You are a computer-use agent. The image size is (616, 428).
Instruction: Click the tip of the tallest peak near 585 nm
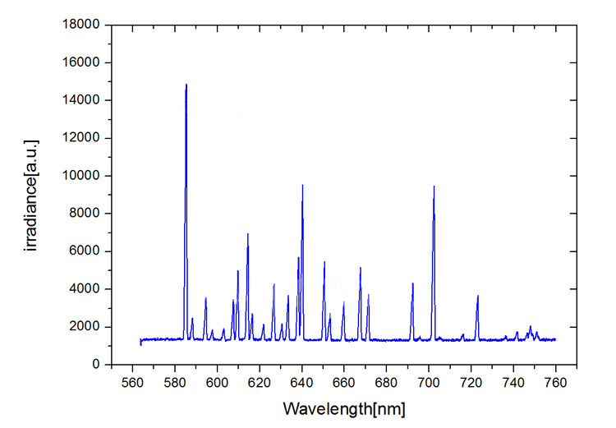point(186,85)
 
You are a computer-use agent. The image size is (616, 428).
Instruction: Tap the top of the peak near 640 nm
point(302,186)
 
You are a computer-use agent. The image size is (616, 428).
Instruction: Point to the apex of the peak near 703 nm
point(434,186)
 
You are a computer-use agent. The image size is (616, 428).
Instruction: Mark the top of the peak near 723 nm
point(477,296)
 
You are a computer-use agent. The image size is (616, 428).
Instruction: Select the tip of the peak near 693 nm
point(412,283)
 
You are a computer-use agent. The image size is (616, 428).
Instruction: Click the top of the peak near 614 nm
point(247,234)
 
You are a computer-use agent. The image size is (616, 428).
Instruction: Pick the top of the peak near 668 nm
point(360,268)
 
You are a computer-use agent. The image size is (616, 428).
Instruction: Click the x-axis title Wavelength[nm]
point(344,407)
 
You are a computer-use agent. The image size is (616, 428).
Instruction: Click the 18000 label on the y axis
point(85,25)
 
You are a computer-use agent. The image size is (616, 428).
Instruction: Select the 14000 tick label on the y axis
point(85,100)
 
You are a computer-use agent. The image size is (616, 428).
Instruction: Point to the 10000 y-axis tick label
point(85,176)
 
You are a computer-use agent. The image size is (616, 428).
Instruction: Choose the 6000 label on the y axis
point(88,251)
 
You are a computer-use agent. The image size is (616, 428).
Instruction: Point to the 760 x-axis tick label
point(555,382)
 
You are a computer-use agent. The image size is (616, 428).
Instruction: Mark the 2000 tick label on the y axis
point(88,327)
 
